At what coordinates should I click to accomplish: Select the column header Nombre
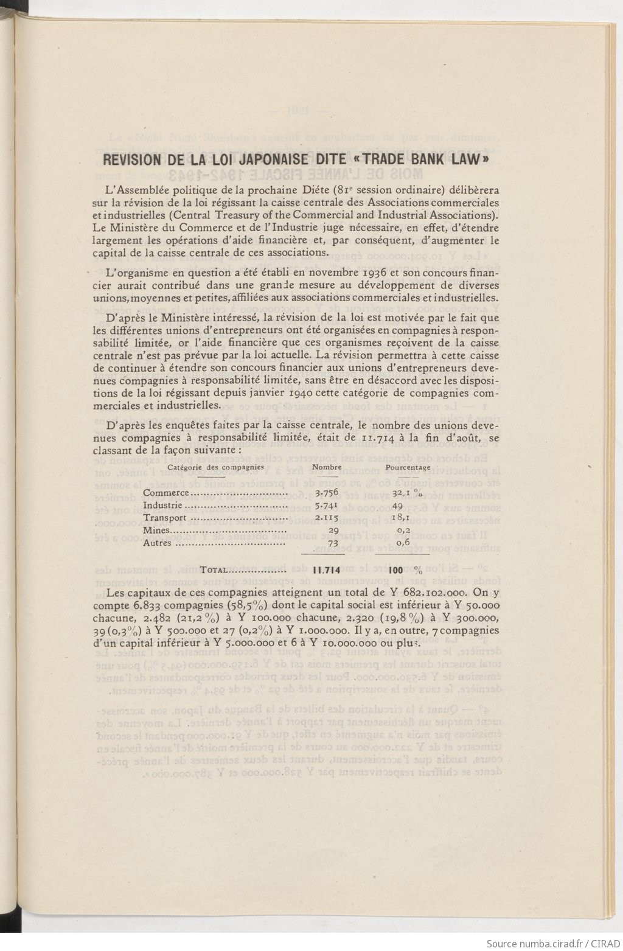click(327, 467)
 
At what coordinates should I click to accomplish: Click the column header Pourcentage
click(408, 467)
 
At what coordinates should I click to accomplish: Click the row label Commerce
click(166, 493)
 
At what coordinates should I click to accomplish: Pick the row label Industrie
click(162, 505)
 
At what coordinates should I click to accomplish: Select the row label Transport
click(165, 518)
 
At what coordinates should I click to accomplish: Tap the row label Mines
click(156, 530)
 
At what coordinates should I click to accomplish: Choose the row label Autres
click(157, 543)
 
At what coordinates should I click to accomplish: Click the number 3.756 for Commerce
click(327, 493)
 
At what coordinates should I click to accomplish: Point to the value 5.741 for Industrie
click(327, 505)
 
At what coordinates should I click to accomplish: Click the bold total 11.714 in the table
click(326, 570)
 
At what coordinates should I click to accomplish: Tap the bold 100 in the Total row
click(395, 570)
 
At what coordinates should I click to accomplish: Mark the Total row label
click(214, 570)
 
